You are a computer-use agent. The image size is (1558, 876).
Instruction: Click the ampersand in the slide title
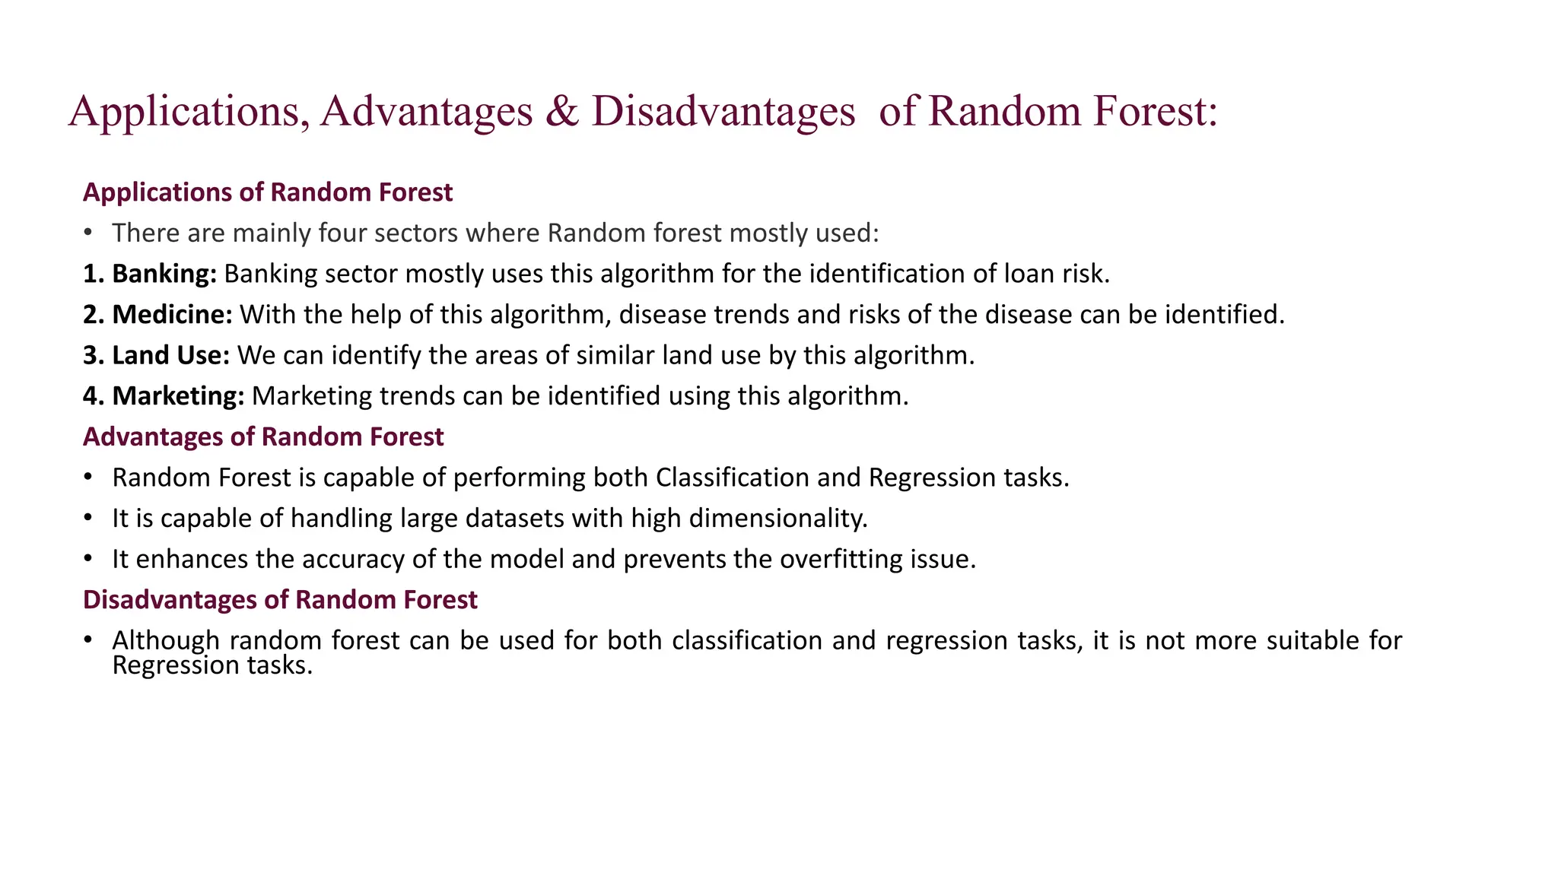point(561,111)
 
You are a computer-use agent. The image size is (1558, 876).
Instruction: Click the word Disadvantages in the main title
point(723,111)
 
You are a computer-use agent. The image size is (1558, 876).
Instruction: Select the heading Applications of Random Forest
point(268,192)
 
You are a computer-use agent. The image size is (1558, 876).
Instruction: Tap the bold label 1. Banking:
point(150,274)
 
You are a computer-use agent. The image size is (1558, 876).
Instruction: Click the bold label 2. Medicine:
point(157,315)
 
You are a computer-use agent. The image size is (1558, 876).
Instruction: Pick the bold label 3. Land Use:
point(156,355)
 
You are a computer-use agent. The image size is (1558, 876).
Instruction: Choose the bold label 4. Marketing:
point(164,396)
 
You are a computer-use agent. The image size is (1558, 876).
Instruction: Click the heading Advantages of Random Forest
point(263,437)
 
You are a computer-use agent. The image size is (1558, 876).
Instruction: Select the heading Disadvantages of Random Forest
point(280,600)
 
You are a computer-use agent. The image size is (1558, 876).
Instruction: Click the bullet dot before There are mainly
point(88,233)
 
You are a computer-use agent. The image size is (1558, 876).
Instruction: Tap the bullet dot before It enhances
point(88,560)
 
